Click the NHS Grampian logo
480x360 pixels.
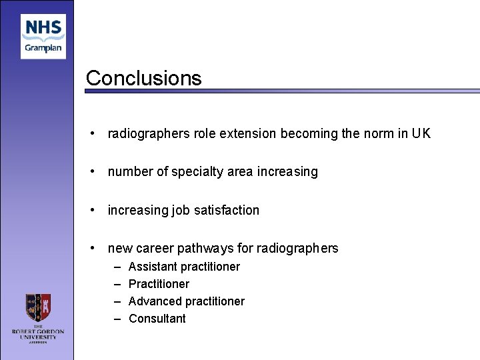click(43, 37)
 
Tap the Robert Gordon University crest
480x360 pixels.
click(38, 307)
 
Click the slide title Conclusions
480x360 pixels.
click(143, 78)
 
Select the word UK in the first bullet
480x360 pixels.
click(421, 133)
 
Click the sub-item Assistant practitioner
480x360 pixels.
click(184, 267)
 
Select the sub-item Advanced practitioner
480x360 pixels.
click(187, 301)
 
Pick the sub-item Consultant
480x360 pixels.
click(157, 319)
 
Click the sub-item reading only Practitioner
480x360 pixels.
click(159, 284)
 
